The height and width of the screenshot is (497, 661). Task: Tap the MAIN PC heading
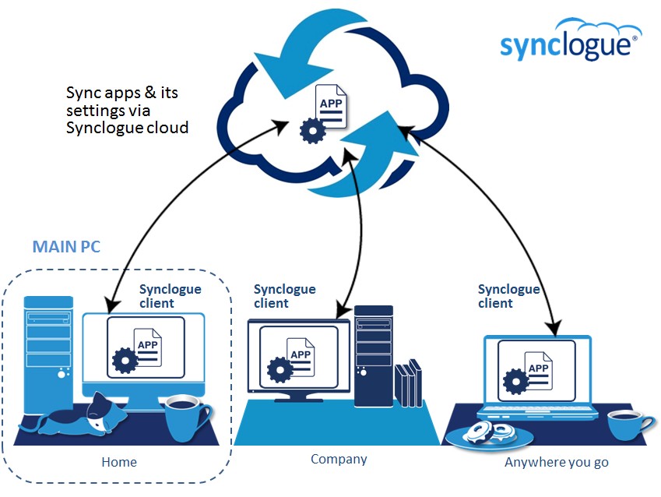pos(66,247)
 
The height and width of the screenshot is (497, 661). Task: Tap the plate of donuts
pos(487,433)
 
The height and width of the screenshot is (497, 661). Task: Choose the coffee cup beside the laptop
pos(629,425)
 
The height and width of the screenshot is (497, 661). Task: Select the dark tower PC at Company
pos(373,355)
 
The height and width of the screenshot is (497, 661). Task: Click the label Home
pos(119,462)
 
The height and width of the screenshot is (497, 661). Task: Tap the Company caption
pos(339,459)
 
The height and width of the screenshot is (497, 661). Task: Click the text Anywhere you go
pos(557,462)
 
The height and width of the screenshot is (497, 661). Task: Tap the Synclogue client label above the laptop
pos(508,296)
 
